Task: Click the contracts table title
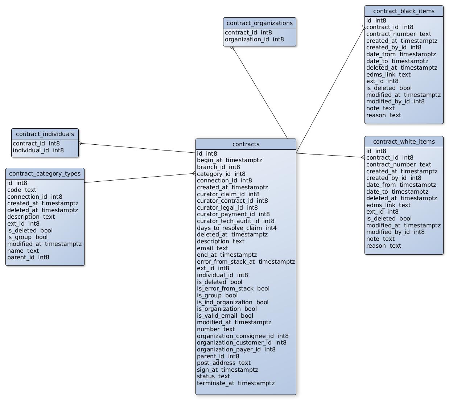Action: tap(246, 144)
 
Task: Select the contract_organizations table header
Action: tap(259, 23)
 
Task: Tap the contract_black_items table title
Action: tap(404, 11)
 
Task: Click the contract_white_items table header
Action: tap(404, 142)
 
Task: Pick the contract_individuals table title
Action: tap(45, 134)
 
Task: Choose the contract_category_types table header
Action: tap(45, 174)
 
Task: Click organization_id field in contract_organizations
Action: tap(254, 40)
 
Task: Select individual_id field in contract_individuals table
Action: tap(38, 150)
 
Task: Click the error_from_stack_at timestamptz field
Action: tap(246, 262)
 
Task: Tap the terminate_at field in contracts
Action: tap(235, 383)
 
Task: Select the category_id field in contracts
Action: tap(221, 174)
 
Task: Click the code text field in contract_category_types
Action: tap(22, 190)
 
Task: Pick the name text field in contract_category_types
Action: tap(23, 251)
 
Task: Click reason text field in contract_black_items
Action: tap(383, 115)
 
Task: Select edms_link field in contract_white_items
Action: tap(388, 205)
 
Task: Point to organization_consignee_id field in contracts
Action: tap(243, 336)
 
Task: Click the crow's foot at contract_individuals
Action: tap(81, 144)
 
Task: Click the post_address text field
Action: tap(223, 363)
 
